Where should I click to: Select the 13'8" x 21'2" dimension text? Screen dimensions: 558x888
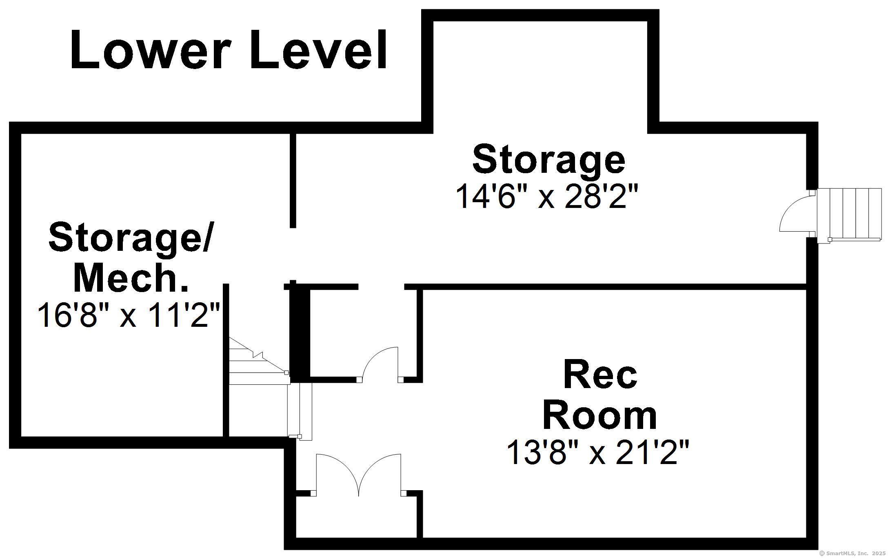(597, 453)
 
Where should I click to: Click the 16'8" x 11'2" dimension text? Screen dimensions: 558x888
(129, 315)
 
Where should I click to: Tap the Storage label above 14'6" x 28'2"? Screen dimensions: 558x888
(548, 159)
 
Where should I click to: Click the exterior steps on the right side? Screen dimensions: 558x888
(849, 214)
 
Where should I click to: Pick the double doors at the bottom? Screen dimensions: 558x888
(358, 474)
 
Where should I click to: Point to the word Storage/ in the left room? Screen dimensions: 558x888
(131, 239)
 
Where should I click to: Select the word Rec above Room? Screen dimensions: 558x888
(600, 375)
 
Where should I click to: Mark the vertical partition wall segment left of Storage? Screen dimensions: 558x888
(293, 180)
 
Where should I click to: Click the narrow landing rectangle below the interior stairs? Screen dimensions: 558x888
(300, 411)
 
